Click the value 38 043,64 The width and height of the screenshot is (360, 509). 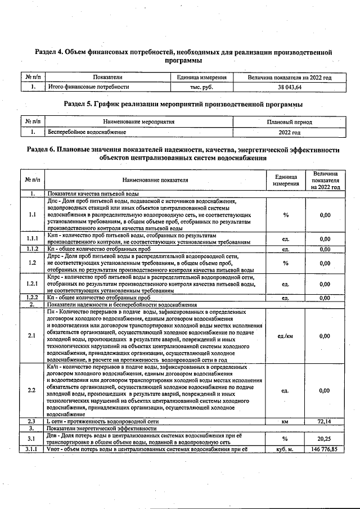(x=290, y=87)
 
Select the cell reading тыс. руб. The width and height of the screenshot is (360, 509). (x=201, y=87)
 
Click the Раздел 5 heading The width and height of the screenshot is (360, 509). (x=178, y=105)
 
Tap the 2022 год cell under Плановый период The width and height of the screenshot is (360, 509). (x=289, y=132)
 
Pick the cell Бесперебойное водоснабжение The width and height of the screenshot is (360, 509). (x=87, y=132)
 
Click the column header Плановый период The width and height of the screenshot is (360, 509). (x=289, y=121)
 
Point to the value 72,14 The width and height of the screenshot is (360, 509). (x=324, y=421)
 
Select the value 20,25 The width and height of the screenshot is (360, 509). (x=324, y=438)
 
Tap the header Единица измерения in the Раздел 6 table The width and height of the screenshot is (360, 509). (x=285, y=180)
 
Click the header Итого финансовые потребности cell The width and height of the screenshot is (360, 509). (x=89, y=87)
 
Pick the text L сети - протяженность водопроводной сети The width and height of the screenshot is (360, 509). (x=103, y=421)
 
